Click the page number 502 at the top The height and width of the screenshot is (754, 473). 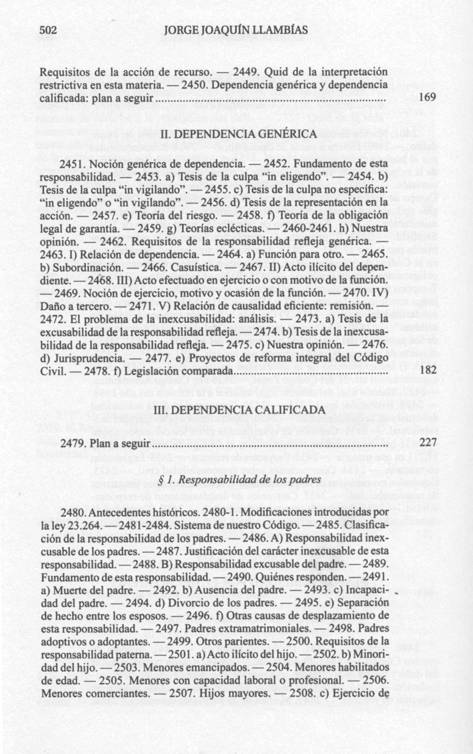(49, 30)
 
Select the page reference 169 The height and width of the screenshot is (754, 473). (428, 98)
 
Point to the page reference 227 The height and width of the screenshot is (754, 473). (428, 443)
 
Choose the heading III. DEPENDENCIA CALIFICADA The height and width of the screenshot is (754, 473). (239, 410)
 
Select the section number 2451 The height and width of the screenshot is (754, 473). (74, 163)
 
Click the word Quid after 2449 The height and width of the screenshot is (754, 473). (275, 72)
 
